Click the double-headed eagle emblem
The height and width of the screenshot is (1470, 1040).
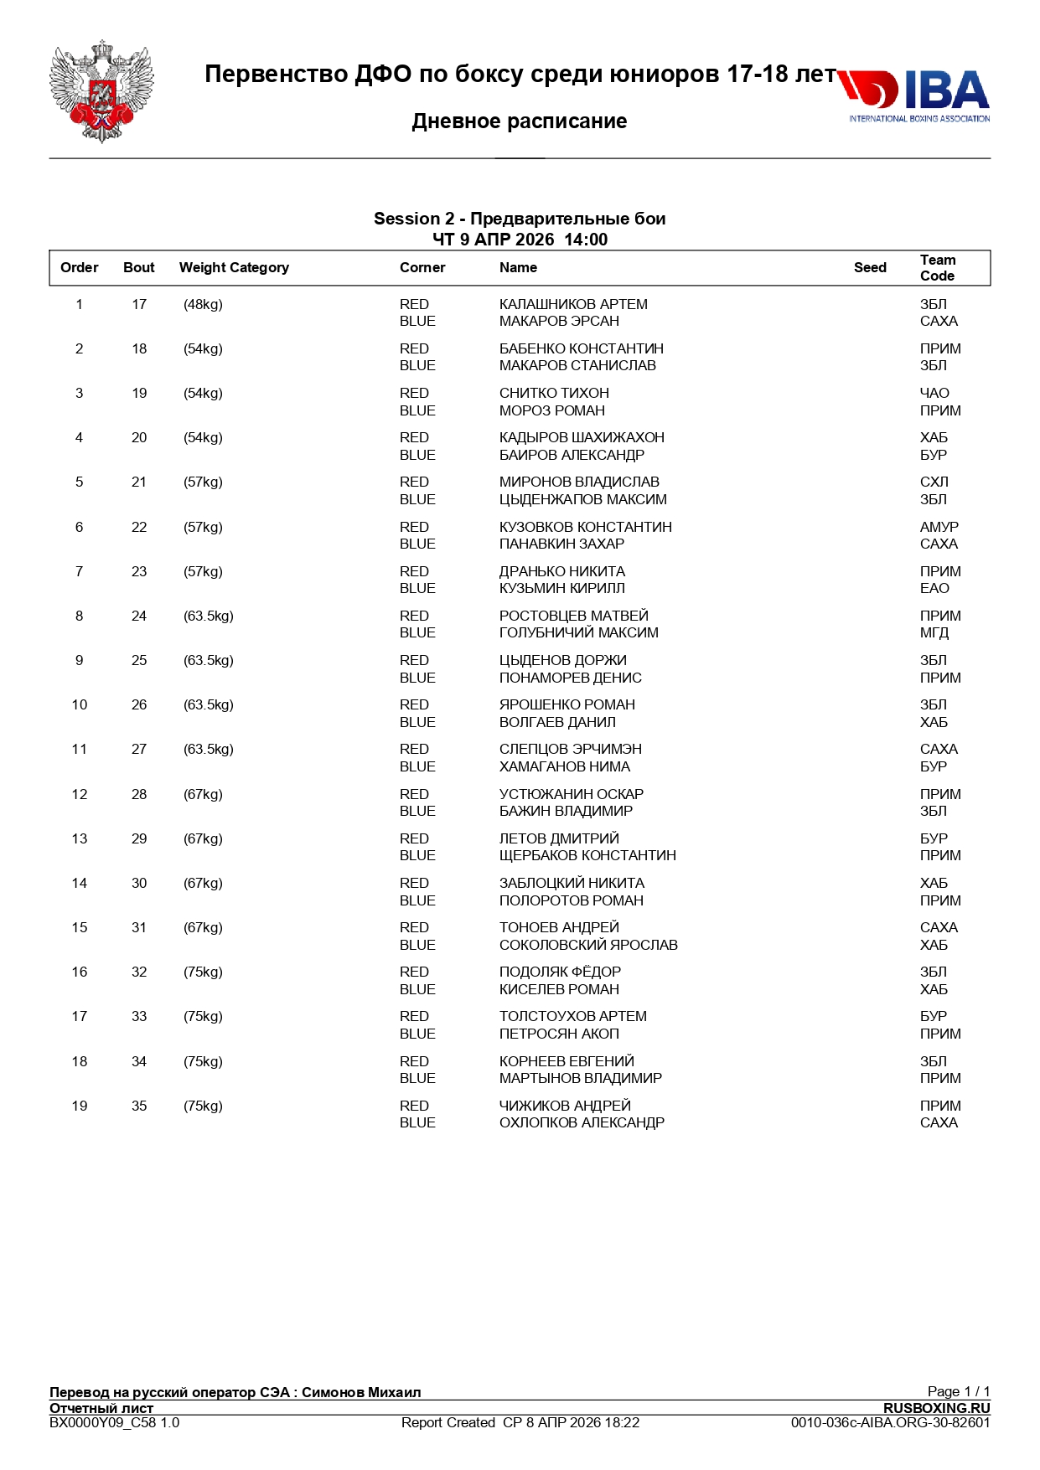[101, 92]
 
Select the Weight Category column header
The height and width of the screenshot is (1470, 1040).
[234, 268]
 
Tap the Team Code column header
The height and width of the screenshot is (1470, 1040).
[937, 268]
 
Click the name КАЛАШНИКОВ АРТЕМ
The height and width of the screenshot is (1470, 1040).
[573, 305]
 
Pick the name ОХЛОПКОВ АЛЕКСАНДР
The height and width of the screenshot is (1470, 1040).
[582, 1123]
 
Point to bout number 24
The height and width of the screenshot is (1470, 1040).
[139, 616]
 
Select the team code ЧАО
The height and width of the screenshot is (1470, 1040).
[934, 394]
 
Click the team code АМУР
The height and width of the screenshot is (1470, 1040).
[939, 528]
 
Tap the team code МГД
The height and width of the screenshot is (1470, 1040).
[934, 633]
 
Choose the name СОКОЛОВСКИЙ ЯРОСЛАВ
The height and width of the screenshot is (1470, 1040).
[588, 946]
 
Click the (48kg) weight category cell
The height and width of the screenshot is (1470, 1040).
[203, 305]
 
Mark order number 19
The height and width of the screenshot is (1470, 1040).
[80, 1106]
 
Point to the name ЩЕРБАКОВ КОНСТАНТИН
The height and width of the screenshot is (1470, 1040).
[587, 856]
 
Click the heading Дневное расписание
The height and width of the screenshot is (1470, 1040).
[520, 121]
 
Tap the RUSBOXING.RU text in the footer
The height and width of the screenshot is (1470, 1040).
[936, 1408]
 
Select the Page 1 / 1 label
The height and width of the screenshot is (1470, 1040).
[958, 1391]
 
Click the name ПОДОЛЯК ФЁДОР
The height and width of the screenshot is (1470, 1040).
[560, 972]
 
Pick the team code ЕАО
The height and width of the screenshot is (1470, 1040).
[934, 589]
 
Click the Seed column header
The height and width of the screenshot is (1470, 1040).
[870, 268]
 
